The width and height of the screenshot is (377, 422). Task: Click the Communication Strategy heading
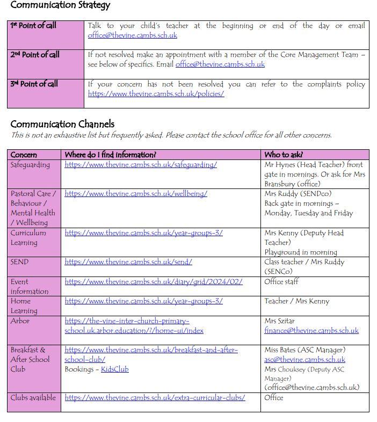60,5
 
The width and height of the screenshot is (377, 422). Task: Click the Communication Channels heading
62,124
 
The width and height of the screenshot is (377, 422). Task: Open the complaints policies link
156,93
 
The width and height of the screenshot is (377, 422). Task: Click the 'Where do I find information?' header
111,155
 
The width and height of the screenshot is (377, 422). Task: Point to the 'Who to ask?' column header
284,155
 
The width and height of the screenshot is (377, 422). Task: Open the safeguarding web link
141,165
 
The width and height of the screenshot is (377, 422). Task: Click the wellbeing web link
136,194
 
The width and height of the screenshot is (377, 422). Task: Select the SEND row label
19,262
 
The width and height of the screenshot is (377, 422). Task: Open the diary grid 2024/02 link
154,281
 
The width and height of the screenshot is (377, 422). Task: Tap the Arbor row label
20,321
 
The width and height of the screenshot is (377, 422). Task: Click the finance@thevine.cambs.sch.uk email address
311,330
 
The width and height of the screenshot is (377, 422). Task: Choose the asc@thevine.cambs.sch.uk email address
305,359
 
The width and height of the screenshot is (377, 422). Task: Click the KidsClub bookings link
115,369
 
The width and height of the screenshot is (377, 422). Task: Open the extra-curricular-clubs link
155,398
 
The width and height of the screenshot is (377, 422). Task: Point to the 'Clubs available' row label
33,398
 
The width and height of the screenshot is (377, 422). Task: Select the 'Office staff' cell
281,281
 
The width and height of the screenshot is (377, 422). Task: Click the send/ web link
128,262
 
